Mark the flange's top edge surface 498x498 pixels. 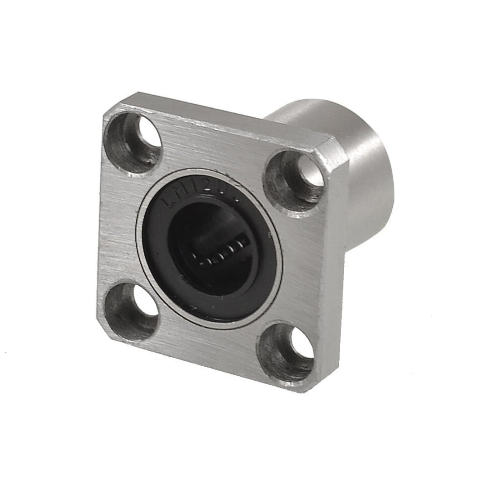coord(226,121)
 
